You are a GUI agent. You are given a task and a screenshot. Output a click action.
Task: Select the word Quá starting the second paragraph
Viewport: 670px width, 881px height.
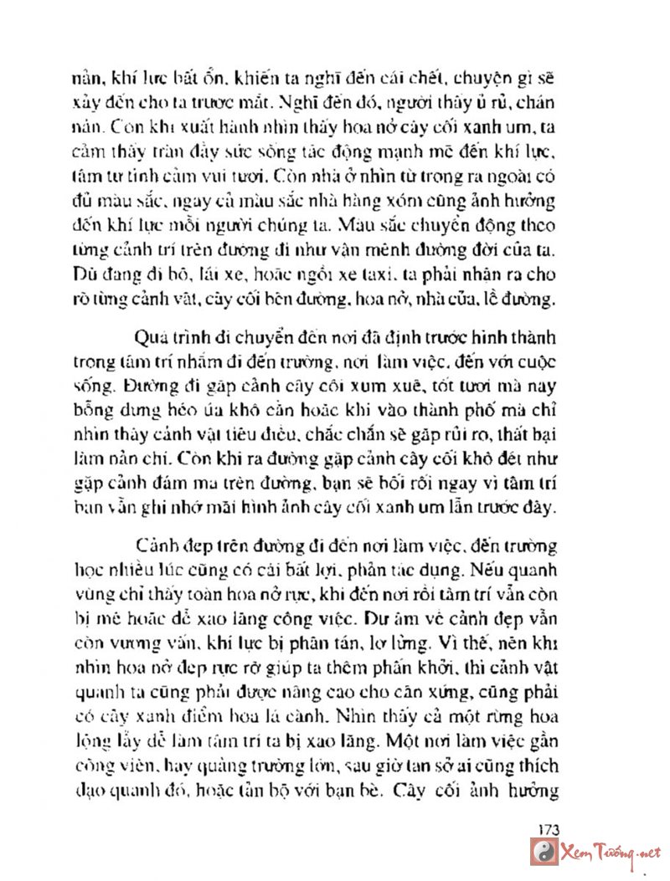pyautogui.click(x=147, y=338)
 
